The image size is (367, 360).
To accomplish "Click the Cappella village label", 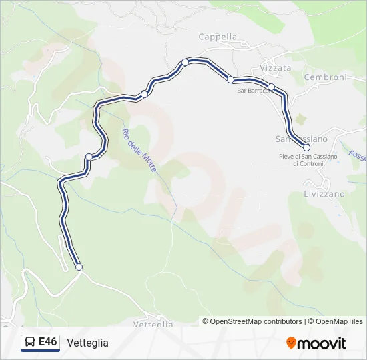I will point(218,37).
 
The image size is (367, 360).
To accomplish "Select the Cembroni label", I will point(325,77).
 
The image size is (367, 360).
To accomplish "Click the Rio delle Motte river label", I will point(139,151).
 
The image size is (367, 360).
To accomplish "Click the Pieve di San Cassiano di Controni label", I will point(308,160).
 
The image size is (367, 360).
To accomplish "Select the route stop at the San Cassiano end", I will point(306,147).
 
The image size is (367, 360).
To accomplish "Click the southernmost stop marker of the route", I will point(79,267).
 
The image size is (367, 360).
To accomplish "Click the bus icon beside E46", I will point(31,343).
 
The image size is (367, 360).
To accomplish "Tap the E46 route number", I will point(48,342).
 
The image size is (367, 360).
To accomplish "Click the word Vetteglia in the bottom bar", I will point(87,343).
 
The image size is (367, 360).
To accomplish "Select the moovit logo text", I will point(322,343).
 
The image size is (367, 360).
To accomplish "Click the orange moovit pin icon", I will point(291,343).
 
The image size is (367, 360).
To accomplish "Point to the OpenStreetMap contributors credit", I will point(256,321).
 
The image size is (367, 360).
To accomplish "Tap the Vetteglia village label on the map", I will point(153,324).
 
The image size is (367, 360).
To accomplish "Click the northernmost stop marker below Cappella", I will point(186,62).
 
